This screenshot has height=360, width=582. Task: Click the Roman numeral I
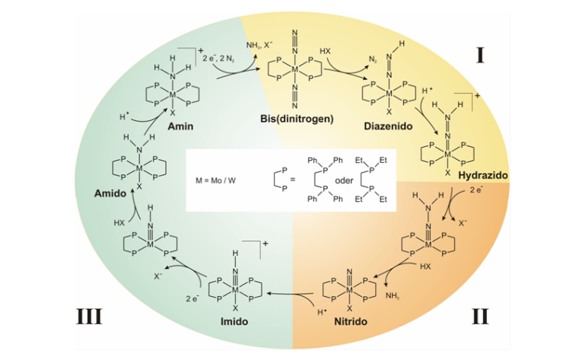pos(480,56)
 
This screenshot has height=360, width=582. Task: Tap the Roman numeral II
pos(480,317)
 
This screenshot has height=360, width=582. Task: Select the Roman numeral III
pos(89,317)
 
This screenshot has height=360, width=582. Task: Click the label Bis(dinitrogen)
pos(297,119)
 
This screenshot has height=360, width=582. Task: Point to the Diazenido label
pos(388,126)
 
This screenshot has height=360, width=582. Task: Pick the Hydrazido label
pos(483,175)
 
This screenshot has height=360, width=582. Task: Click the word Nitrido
pos(351,321)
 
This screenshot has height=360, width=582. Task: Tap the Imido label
pos(234,321)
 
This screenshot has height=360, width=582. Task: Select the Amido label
pos(110,193)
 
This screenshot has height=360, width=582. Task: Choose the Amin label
pos(180,126)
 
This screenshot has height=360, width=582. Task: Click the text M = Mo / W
pos(215,181)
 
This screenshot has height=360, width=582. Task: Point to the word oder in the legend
pos(344,180)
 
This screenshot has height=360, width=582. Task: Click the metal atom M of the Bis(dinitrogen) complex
pos(294,69)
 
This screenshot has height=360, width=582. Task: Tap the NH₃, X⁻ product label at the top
pos(259,46)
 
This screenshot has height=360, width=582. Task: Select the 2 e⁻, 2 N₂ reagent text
pos(218,59)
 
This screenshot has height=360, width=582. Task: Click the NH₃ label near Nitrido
pos(393,296)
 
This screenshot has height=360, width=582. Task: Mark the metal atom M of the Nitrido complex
pos(349,290)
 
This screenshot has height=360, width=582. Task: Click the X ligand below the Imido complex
pos(235,308)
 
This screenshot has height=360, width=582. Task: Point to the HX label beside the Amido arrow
pos(119,223)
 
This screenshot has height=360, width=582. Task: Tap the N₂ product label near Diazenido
pos(373,59)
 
